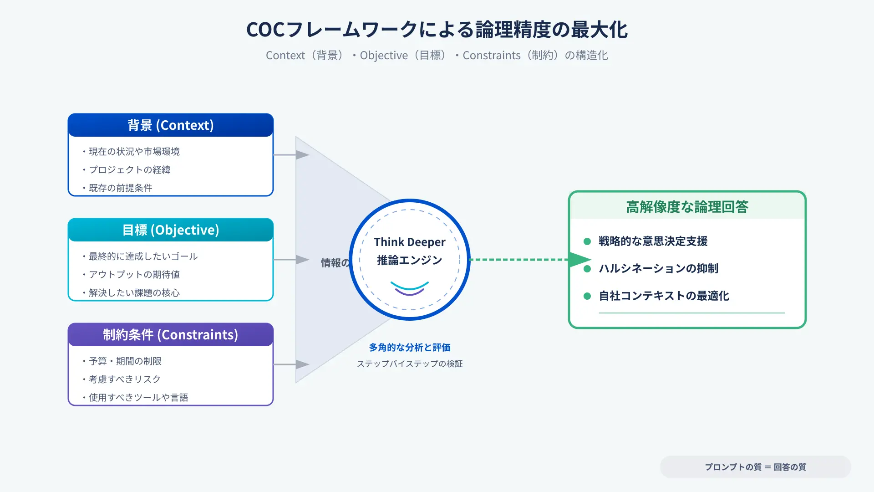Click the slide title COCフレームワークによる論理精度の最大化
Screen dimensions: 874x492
point(437,30)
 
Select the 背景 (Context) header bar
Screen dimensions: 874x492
point(171,125)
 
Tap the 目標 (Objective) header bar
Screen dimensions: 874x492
point(171,230)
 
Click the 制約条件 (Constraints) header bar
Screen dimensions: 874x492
point(171,335)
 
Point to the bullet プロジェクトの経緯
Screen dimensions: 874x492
point(127,170)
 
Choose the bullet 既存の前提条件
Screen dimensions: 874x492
point(117,188)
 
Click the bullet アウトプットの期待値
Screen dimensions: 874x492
point(131,275)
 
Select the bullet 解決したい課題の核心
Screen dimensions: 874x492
point(131,293)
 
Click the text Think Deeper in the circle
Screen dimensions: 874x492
point(410,242)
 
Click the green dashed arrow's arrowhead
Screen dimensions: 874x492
point(580,260)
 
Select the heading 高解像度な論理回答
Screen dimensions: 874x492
point(687,207)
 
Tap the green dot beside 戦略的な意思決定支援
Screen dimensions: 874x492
point(587,241)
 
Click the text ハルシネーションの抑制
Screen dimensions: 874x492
point(659,269)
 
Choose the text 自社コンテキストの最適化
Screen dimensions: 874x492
point(664,296)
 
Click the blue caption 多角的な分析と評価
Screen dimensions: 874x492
point(410,348)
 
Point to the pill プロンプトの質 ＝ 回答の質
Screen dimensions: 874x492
point(756,467)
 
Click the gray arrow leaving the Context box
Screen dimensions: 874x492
point(291,155)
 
